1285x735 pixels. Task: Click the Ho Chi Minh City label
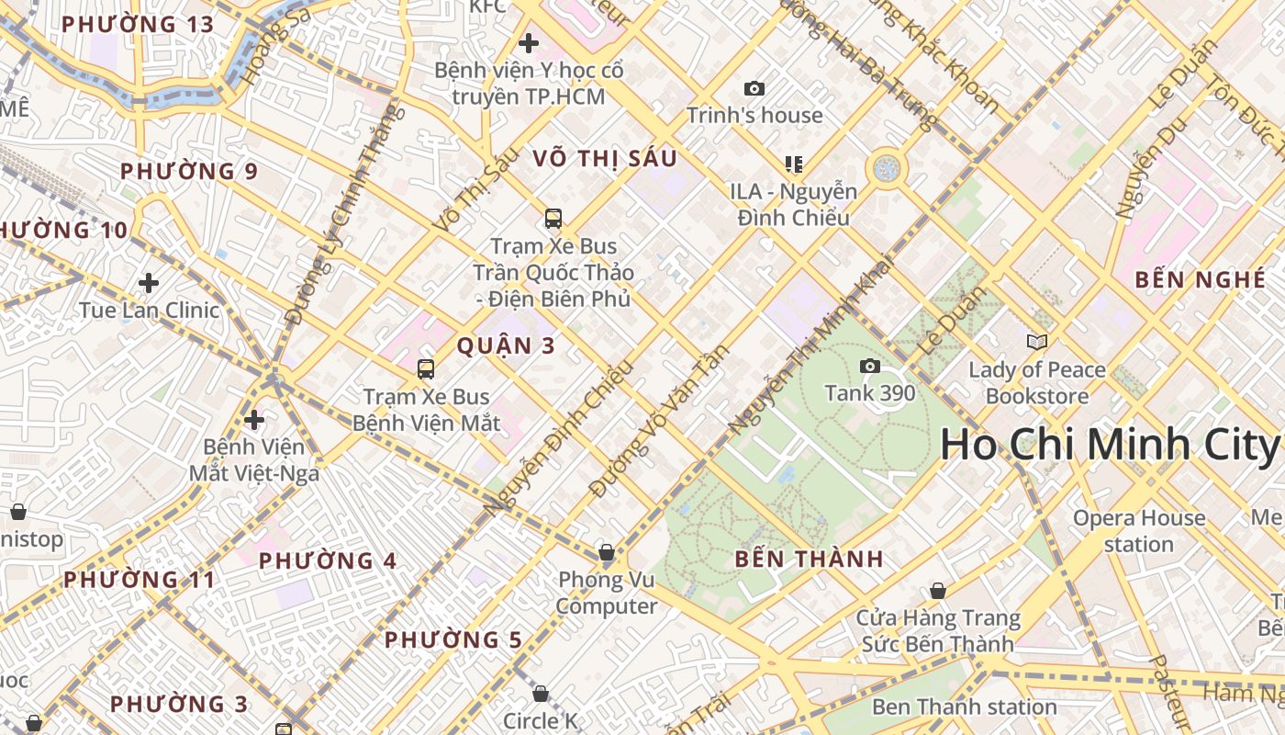point(1109,446)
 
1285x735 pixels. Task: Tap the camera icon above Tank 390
point(870,367)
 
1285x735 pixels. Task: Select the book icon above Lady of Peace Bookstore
point(1037,343)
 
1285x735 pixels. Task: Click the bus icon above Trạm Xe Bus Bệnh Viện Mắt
point(426,369)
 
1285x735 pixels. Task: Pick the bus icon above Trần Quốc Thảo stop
point(553,219)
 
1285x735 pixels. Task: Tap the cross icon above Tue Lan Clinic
point(149,283)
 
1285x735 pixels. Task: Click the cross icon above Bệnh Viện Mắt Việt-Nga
point(254,420)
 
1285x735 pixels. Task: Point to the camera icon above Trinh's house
point(754,88)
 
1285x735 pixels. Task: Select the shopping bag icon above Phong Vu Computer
point(606,552)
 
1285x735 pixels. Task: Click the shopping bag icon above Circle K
point(541,693)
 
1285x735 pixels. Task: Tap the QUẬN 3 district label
point(507,345)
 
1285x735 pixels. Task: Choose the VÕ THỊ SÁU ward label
point(605,158)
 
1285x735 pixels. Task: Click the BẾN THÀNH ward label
point(810,559)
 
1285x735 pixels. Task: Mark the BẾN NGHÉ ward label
point(1201,280)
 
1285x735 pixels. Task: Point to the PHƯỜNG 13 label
point(137,24)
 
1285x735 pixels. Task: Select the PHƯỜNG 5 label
point(453,639)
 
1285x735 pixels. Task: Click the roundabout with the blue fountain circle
point(887,168)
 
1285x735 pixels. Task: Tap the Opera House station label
point(1139,531)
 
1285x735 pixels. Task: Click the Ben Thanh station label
point(964,707)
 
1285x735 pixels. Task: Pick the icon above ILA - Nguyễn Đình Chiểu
point(794,164)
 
